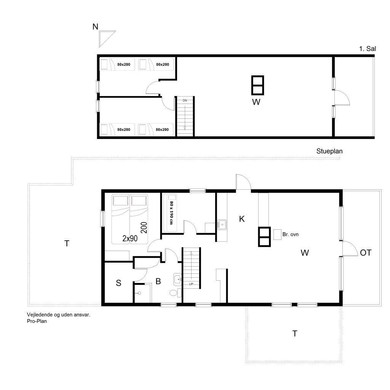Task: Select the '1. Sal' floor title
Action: pos(368,49)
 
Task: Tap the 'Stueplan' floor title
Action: pos(329,151)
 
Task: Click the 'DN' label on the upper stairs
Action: pos(185,101)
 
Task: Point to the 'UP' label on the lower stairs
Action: pos(191,284)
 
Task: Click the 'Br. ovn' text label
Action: pos(290,234)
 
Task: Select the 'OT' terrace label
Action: pos(366,253)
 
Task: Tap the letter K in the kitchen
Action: pos(242,219)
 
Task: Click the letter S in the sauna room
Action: pos(119,283)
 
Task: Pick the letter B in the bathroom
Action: pos(158,281)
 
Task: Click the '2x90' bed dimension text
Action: pos(130,238)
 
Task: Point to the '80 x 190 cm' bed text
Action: pos(171,213)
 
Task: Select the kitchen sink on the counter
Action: pos(222,225)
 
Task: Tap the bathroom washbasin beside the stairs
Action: pos(177,279)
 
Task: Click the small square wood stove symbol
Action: pos(277,235)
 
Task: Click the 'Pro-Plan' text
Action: pos(37,321)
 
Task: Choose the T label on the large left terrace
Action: pos(67,243)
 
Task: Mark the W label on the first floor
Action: pos(256,102)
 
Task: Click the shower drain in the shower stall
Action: pos(139,293)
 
